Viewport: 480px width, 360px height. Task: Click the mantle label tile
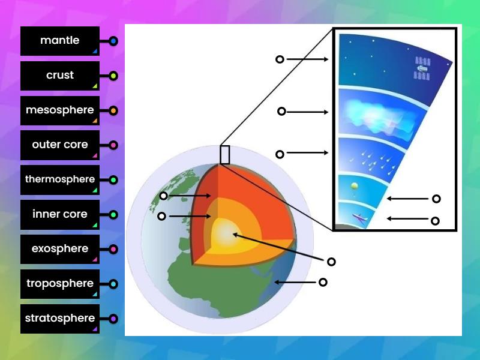(59, 41)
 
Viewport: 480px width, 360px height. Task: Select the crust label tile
(59, 76)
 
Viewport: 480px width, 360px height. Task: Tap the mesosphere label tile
(59, 110)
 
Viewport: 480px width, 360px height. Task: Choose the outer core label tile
(59, 145)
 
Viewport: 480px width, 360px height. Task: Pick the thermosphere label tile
(59, 179)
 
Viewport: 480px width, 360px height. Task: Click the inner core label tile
(59, 214)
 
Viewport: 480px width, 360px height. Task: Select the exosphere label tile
(59, 249)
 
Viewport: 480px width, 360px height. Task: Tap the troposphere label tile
(59, 284)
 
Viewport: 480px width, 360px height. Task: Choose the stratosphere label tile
(59, 319)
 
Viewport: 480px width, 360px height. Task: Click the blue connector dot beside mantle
(113, 41)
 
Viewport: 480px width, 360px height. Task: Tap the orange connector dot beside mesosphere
(113, 111)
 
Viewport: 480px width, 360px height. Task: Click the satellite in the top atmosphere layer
(423, 68)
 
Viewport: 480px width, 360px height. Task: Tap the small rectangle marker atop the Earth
(225, 154)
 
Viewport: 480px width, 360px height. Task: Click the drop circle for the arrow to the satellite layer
(280, 59)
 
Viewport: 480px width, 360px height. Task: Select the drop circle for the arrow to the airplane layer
(435, 221)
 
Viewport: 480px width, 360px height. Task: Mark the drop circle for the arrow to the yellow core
(331, 262)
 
